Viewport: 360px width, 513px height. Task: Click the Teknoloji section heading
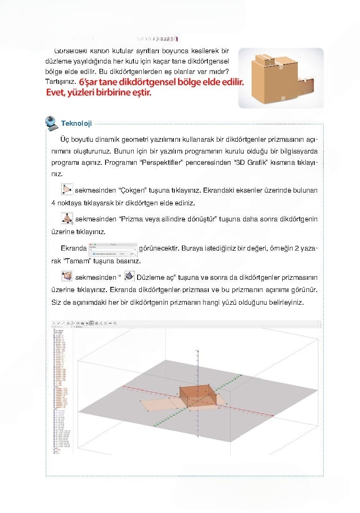76,123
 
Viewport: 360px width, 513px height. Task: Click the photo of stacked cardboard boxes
280,78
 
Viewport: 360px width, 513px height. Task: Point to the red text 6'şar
92,82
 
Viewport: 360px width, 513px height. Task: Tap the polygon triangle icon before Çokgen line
67,190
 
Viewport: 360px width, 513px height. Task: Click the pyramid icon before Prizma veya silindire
67,219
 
